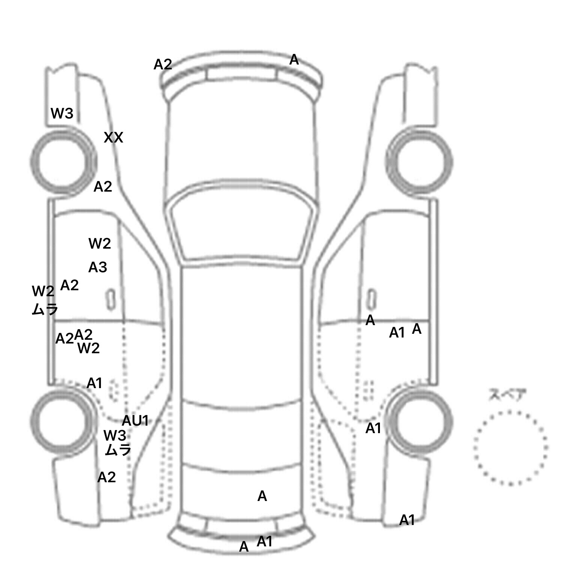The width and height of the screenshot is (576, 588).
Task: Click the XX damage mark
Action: tap(113, 138)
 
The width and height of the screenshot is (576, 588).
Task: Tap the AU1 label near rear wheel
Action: tap(135, 421)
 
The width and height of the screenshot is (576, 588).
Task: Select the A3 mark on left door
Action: tap(97, 267)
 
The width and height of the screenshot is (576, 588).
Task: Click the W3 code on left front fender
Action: tap(62, 113)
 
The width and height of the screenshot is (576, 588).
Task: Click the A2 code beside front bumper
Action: tap(163, 64)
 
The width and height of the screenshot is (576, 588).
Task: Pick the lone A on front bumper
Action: tap(294, 60)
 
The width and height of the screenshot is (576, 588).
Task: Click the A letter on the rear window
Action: tap(262, 496)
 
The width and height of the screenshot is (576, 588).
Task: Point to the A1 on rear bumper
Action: tap(264, 541)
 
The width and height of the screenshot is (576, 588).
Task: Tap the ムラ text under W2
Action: tap(45, 309)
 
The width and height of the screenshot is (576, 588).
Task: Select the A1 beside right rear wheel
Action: tap(373, 428)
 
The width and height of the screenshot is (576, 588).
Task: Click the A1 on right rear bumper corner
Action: tap(407, 520)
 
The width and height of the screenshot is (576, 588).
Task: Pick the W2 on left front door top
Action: tap(100, 244)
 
